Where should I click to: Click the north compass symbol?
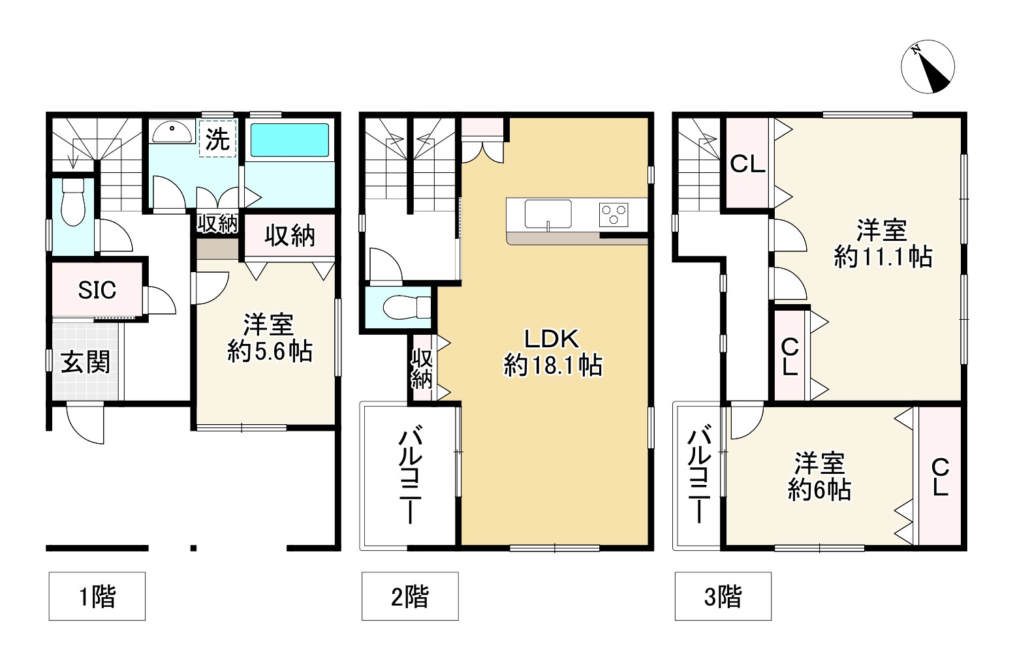[x=928, y=67]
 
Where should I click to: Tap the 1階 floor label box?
[x=97, y=596]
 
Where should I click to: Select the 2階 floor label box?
[x=410, y=596]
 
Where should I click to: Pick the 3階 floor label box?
[x=723, y=596]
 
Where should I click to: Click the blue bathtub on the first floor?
[x=290, y=140]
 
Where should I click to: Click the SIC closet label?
[x=97, y=290]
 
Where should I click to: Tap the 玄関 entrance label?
[x=86, y=362]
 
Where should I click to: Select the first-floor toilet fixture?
[x=72, y=202]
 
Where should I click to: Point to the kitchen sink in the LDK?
[x=548, y=214]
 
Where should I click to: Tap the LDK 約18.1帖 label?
[x=553, y=352]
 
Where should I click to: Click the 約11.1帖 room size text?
[x=882, y=256]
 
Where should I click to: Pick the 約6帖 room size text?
[x=819, y=489]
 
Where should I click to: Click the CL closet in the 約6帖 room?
[x=940, y=477]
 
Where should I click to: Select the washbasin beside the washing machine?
[x=172, y=132]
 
